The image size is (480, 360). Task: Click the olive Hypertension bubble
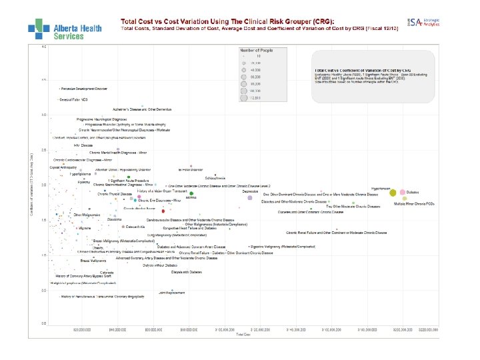click(x=393, y=192)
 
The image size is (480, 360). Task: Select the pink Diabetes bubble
click(x=403, y=192)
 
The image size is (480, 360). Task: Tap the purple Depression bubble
click(x=249, y=198)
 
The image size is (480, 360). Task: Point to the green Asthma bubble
click(x=191, y=193)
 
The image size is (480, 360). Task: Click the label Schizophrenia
click(x=215, y=178)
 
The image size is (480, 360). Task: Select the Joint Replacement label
click(x=171, y=293)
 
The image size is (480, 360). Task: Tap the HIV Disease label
click(x=83, y=145)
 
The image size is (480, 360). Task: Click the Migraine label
click(x=85, y=228)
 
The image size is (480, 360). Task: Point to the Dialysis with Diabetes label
click(x=187, y=272)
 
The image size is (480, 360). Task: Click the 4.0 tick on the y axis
click(x=44, y=47)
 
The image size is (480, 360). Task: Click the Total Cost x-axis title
click(x=243, y=335)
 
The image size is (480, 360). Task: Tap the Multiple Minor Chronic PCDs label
click(x=414, y=203)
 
